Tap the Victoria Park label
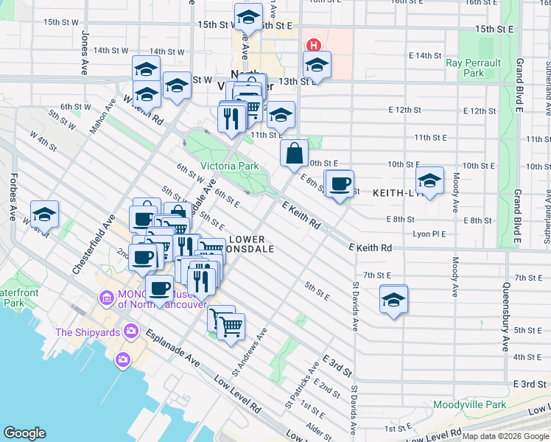(x=230, y=166)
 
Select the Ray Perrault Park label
(x=474, y=68)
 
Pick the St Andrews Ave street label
(x=248, y=357)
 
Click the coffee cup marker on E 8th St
(x=339, y=184)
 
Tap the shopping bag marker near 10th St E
(x=294, y=153)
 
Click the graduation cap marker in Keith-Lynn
(x=429, y=180)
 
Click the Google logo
(x=24, y=433)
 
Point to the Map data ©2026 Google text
(x=505, y=436)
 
